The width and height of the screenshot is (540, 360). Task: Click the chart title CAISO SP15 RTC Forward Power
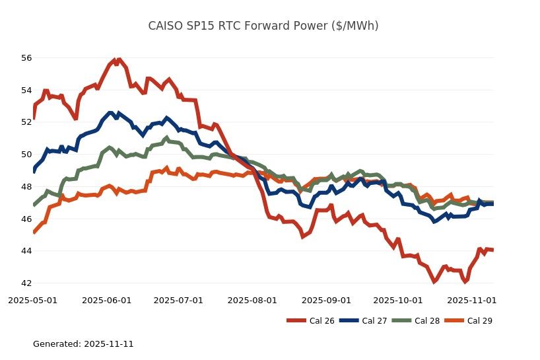point(263,26)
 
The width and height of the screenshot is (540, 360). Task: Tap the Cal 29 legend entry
point(467,321)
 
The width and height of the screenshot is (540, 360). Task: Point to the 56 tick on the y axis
point(26,58)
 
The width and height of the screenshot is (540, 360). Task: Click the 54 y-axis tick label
point(26,90)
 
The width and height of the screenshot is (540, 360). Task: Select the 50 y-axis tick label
point(26,155)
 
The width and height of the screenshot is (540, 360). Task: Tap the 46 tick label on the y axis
point(26,219)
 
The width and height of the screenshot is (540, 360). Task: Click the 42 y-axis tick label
point(26,283)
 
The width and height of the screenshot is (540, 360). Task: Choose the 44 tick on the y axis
point(26,251)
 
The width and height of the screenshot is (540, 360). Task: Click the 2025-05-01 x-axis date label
point(32,301)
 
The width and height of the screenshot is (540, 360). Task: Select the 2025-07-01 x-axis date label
point(178,301)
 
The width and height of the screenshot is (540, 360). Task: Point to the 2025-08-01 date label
point(252,301)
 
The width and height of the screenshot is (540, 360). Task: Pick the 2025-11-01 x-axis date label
point(471,301)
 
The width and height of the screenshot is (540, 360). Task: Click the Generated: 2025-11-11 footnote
point(83,344)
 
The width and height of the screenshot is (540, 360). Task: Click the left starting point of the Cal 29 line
point(34,232)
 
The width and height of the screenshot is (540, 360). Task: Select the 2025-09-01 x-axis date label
point(326,301)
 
